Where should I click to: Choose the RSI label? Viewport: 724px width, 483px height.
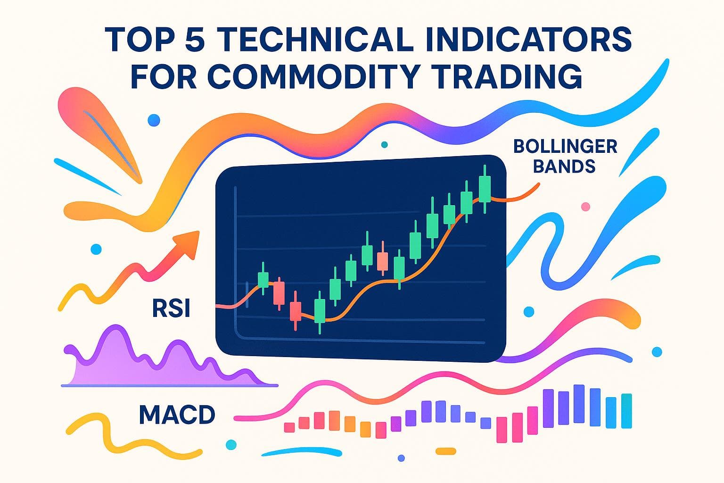click(171, 309)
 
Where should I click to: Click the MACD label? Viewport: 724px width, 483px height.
click(177, 415)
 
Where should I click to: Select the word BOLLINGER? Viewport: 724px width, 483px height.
click(565, 146)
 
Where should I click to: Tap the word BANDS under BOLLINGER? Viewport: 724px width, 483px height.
click(565, 166)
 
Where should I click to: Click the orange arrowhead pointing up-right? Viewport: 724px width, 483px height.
click(186, 244)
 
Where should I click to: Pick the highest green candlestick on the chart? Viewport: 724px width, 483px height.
click(484, 188)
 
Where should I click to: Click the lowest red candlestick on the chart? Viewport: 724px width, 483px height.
click(295, 311)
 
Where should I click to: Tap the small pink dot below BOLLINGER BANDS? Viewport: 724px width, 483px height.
click(586, 206)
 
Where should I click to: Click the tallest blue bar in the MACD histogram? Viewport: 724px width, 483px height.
click(578, 404)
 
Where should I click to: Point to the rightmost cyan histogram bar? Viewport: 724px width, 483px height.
click(626, 411)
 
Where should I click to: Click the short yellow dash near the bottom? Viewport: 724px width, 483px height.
click(445, 451)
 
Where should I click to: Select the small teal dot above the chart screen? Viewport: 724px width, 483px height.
click(384, 144)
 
